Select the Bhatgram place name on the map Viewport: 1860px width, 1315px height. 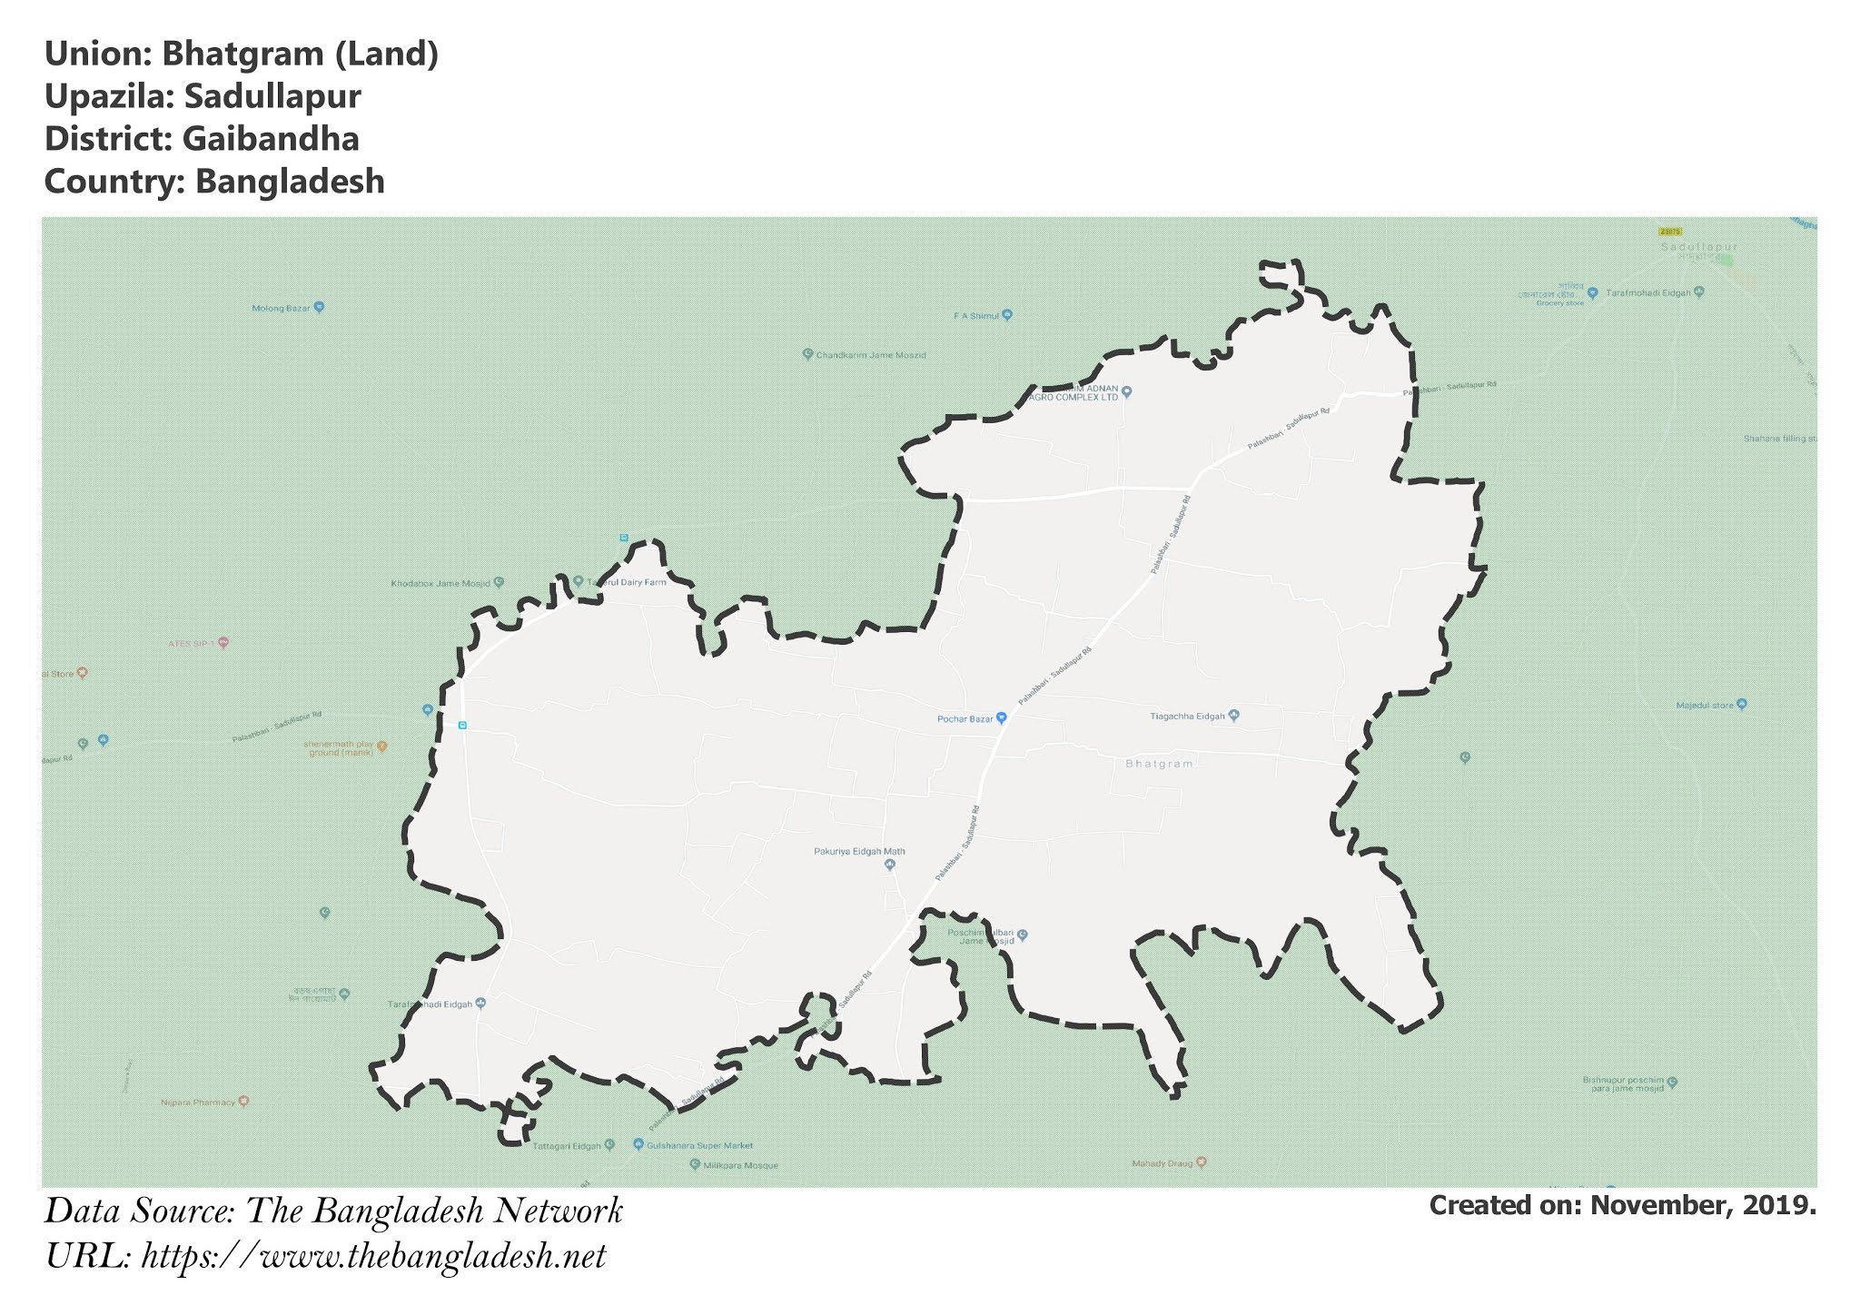[x=1158, y=764]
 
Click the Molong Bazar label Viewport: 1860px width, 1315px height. [x=281, y=308]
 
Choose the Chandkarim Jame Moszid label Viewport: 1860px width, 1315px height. [x=870, y=355]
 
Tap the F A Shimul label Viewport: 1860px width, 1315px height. [x=975, y=316]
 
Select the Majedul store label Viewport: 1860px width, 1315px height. [x=1705, y=705]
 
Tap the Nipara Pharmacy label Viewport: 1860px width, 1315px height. [x=198, y=1102]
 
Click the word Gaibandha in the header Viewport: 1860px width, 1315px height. [x=270, y=139]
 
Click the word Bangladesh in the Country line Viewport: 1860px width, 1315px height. [x=289, y=182]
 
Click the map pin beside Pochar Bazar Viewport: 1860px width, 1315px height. [x=1001, y=717]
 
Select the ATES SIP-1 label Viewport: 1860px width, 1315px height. [x=190, y=643]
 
